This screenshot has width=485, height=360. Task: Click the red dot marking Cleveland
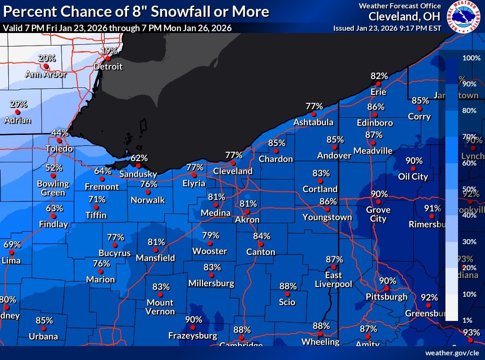click(x=233, y=163)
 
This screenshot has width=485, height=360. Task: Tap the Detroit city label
click(x=108, y=67)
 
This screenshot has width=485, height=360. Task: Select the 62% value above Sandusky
click(x=139, y=158)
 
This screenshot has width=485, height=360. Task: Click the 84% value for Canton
click(x=262, y=236)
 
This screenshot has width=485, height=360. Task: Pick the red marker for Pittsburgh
click(x=386, y=289)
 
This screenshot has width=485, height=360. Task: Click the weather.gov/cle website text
click(x=451, y=353)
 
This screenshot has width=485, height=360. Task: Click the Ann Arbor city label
click(x=46, y=74)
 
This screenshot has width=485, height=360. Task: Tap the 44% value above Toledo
click(x=60, y=133)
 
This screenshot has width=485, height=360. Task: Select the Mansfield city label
click(x=155, y=258)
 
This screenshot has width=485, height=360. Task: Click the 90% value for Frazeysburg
click(x=193, y=320)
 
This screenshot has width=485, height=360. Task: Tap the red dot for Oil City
click(x=413, y=168)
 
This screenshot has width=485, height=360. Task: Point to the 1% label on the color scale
click(x=467, y=320)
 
